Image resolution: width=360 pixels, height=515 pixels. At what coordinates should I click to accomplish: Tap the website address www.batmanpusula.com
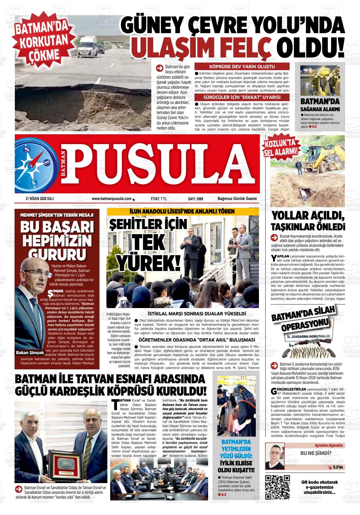pyautogui.click(x=111, y=199)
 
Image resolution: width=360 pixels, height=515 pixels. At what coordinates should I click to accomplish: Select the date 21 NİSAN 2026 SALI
pyautogui.click(x=40, y=199)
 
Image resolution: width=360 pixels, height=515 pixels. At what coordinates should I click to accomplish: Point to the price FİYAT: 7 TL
pyautogui.click(x=159, y=199)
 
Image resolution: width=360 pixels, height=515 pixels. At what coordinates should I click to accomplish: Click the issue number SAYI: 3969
pyautogui.click(x=195, y=199)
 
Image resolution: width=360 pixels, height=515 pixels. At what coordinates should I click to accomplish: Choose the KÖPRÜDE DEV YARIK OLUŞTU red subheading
pyautogui.click(x=242, y=67)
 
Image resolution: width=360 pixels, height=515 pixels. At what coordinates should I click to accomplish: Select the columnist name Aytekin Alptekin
pyautogui.click(x=328, y=445)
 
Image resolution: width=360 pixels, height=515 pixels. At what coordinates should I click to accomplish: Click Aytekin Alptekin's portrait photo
pyautogui.click(x=275, y=456)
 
